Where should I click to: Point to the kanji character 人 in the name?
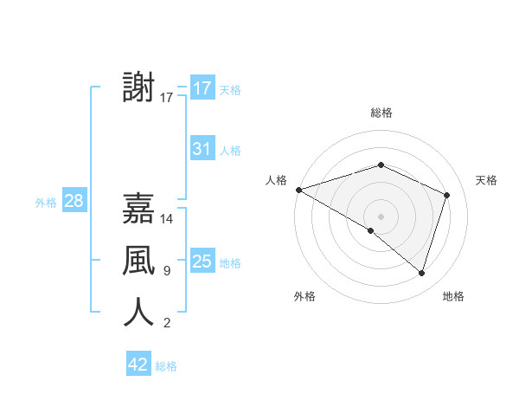click(x=139, y=311)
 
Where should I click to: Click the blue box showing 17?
click(x=202, y=88)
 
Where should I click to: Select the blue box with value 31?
click(x=202, y=149)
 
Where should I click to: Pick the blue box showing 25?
click(x=202, y=262)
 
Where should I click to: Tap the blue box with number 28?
click(x=74, y=202)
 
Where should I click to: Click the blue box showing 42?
click(x=138, y=365)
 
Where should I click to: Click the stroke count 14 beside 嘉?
click(x=168, y=219)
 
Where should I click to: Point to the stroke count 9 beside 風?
click(x=166, y=271)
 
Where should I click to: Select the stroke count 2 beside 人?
click(x=166, y=323)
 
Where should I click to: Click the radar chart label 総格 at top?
click(x=381, y=113)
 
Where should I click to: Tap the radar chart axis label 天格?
click(x=486, y=180)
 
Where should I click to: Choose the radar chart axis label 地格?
click(x=453, y=296)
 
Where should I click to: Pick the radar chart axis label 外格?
click(x=304, y=296)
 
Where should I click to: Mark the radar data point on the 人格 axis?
click(x=298, y=190)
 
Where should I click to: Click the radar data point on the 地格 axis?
click(x=421, y=273)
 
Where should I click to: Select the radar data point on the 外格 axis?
click(x=371, y=230)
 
